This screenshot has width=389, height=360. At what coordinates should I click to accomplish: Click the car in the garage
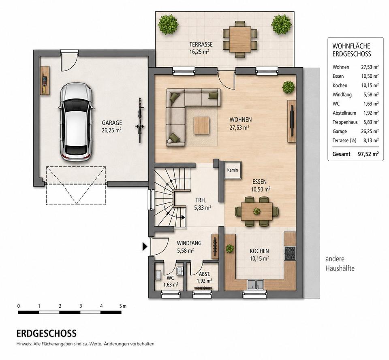(x=76, y=122)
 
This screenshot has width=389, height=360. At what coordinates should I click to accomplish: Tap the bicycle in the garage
(x=140, y=120)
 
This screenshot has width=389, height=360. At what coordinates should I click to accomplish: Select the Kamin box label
(x=233, y=170)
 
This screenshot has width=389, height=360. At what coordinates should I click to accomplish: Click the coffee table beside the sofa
(x=201, y=125)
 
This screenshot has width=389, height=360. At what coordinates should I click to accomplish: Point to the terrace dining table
(x=240, y=39)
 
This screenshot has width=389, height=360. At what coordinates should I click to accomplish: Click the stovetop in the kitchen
(x=290, y=253)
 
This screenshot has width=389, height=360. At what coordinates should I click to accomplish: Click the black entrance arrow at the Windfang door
(x=145, y=247)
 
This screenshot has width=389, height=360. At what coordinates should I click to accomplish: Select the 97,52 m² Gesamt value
(x=368, y=154)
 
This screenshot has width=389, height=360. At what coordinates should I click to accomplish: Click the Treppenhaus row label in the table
(x=345, y=122)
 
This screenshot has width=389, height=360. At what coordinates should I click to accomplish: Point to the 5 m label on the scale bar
(x=123, y=306)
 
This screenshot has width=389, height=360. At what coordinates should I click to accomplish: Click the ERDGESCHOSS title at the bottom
(x=46, y=333)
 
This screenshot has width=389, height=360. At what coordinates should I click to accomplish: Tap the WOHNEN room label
(x=240, y=119)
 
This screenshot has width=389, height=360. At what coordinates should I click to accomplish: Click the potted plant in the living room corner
(x=288, y=87)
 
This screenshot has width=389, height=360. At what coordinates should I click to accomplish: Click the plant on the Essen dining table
(x=256, y=211)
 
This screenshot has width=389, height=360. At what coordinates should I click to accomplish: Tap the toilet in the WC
(x=158, y=275)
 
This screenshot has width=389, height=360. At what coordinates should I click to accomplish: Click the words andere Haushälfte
(x=340, y=264)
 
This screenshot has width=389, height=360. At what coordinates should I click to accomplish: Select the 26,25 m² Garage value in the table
(x=370, y=131)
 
